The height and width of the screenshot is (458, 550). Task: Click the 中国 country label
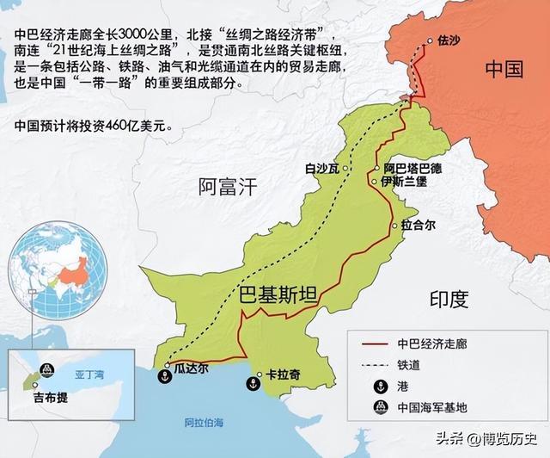pos(503,69)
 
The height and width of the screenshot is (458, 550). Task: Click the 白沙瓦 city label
pos(321,168)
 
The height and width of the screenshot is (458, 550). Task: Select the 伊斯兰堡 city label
pos(405,183)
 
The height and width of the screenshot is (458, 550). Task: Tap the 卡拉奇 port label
pos(283,375)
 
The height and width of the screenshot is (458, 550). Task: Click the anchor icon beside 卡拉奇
pos(254,384)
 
